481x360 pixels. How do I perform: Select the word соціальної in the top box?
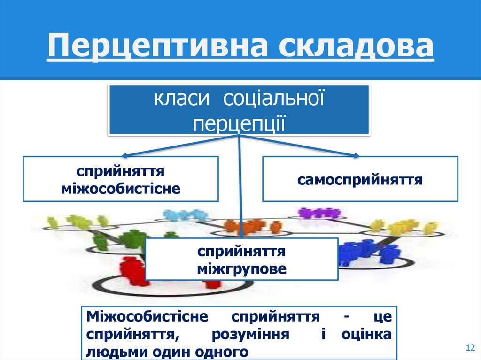pos(273,99)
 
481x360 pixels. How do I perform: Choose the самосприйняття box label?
pos(359,179)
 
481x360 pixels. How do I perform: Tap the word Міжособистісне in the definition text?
pos(147,316)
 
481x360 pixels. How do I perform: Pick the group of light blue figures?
pos(184,215)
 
